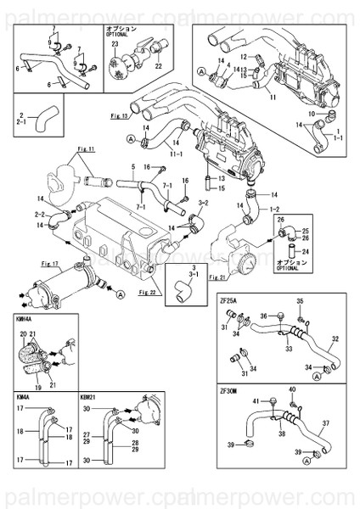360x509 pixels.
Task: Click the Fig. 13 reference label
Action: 120,113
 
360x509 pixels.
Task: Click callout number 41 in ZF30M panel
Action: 256,400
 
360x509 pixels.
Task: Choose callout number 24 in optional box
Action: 307,252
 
